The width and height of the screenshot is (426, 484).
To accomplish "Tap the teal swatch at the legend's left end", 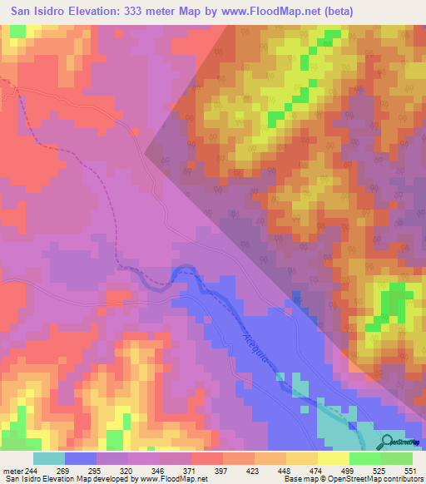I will point(49,458).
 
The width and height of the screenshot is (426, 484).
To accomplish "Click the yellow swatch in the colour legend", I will point(333,458).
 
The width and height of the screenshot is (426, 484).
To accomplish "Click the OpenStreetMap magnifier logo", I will point(386,441).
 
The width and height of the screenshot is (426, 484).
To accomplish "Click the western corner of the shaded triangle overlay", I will point(146,152).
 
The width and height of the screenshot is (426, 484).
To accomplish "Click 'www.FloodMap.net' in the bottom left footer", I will point(174,478).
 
